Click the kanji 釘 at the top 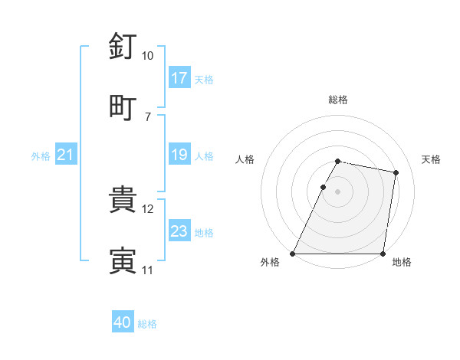coord(123,47)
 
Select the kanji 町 coord(123,108)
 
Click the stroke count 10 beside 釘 coord(147,56)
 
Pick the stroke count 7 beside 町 coord(147,116)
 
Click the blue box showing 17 coord(179,78)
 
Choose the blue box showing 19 coord(179,155)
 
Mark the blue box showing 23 coord(179,231)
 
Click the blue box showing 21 coord(66,155)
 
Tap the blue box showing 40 coord(123,323)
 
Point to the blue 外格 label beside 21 coord(41,156)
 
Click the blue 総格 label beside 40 coord(147,324)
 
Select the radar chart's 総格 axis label coord(337,100)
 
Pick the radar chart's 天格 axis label coord(431,159)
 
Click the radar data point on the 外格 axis coord(293,254)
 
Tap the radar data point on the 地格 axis coord(383,254)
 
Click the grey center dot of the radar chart coord(337,191)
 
